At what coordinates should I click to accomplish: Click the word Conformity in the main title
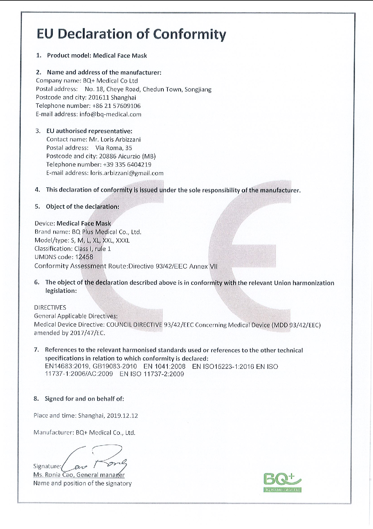click(x=190, y=34)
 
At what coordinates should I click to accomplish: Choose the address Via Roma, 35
click(x=114, y=148)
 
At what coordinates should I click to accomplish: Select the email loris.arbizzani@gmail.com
click(x=127, y=173)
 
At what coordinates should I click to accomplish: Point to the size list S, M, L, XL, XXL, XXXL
click(x=100, y=240)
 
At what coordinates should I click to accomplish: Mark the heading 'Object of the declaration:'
click(x=82, y=207)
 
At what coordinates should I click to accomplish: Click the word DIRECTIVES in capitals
click(x=50, y=308)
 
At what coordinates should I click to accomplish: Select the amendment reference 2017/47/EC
click(x=87, y=333)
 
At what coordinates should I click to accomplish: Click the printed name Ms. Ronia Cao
click(x=54, y=475)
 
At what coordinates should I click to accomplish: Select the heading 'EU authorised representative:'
click(x=89, y=131)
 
